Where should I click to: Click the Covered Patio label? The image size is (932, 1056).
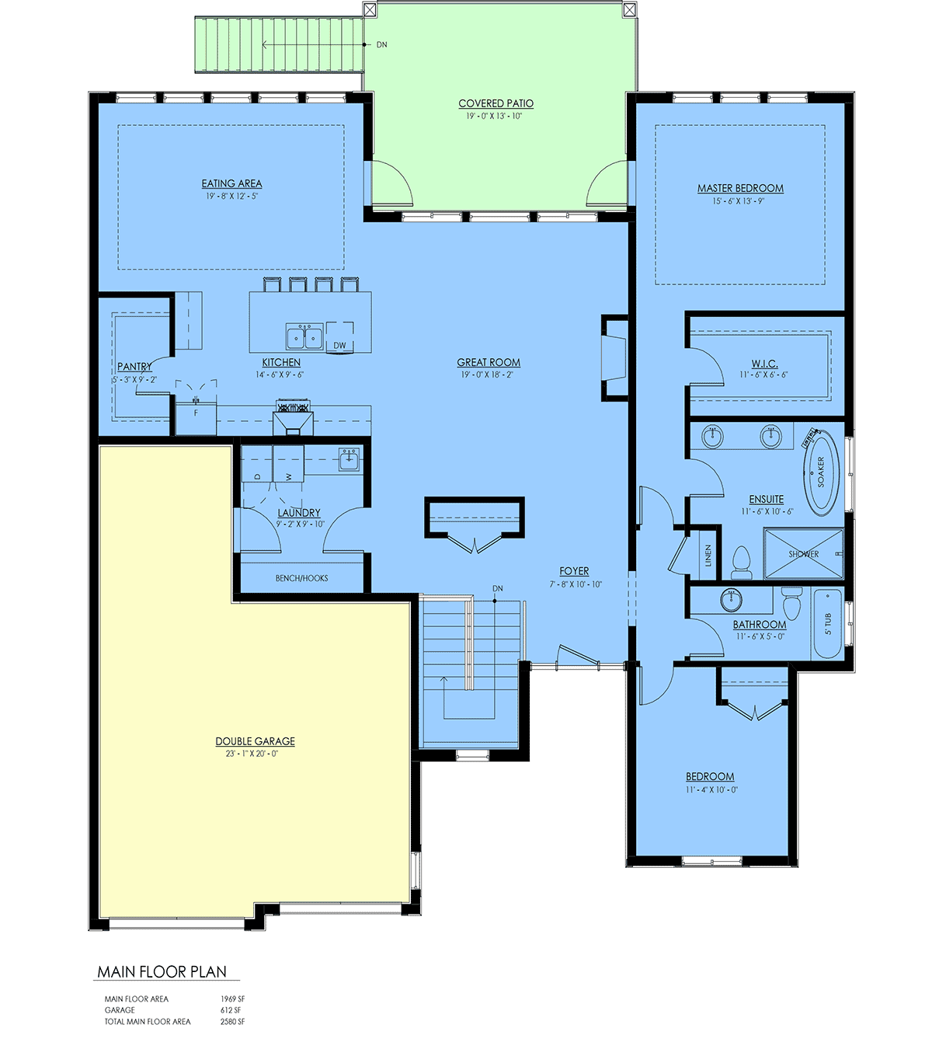[496, 103]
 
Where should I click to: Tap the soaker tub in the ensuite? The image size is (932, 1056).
[821, 472]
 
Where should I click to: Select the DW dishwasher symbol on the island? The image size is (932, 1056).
[339, 338]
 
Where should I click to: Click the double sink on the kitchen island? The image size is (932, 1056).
[304, 336]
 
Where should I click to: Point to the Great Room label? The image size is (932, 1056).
[489, 362]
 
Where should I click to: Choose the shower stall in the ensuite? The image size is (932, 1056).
[803, 553]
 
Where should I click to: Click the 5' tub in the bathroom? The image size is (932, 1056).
[827, 623]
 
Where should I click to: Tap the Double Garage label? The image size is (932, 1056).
[255, 741]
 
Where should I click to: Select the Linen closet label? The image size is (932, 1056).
[708, 556]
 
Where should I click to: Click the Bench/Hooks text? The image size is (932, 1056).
[301, 578]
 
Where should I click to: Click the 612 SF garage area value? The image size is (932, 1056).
[230, 1009]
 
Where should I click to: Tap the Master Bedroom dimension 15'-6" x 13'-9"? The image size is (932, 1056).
[739, 201]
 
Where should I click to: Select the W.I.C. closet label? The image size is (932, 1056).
[765, 364]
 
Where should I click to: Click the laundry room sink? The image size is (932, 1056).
[349, 460]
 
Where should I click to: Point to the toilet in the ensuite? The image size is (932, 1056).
[741, 562]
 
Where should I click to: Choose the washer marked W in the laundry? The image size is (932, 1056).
[288, 464]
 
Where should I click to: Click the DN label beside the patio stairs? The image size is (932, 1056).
[382, 45]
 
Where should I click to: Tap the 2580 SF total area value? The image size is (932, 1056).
[232, 1021]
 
